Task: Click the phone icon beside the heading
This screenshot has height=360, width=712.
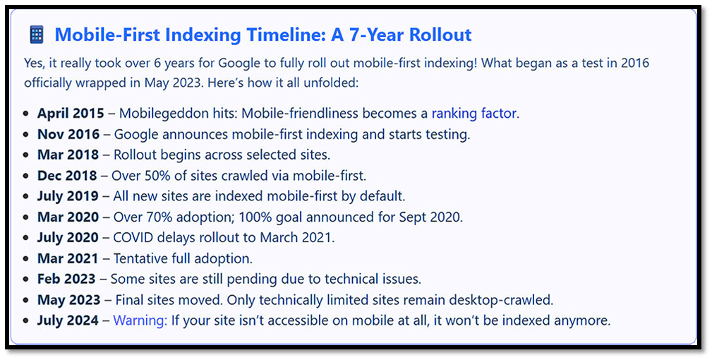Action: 36,35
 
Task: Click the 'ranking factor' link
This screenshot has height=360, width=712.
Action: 474,113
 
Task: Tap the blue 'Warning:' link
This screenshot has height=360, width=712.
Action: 140,320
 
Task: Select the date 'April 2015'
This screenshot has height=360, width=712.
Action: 71,114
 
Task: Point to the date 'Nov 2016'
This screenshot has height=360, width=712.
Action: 68,134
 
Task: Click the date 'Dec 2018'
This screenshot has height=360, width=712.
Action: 67,175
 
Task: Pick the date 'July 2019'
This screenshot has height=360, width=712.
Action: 68,196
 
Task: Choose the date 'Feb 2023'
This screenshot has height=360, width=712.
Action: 66,279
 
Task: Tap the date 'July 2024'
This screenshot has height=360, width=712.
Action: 68,320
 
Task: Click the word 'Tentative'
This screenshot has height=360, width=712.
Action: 141,258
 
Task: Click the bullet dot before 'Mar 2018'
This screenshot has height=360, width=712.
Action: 26,155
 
